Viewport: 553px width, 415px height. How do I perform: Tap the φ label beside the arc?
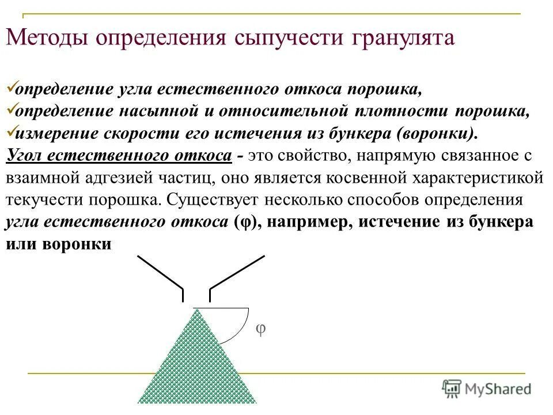pyautogui.click(x=260, y=329)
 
